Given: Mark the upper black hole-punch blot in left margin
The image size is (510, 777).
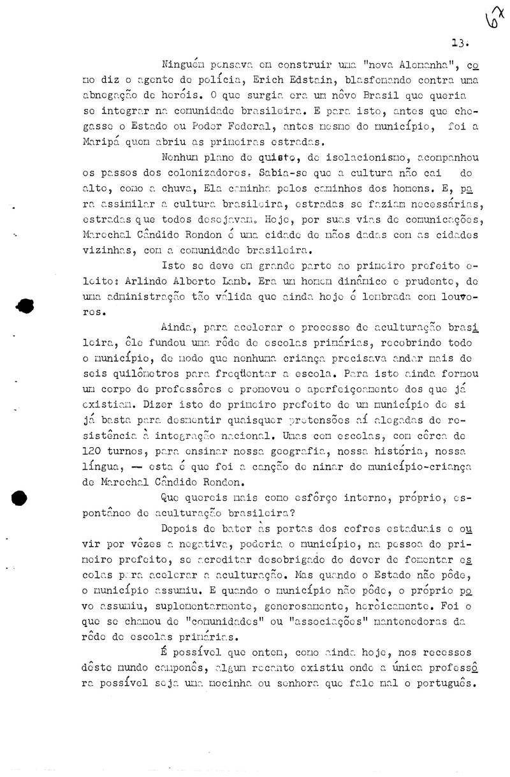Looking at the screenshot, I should click(25, 306).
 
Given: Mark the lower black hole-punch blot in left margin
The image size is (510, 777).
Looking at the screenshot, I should click(21, 498).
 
